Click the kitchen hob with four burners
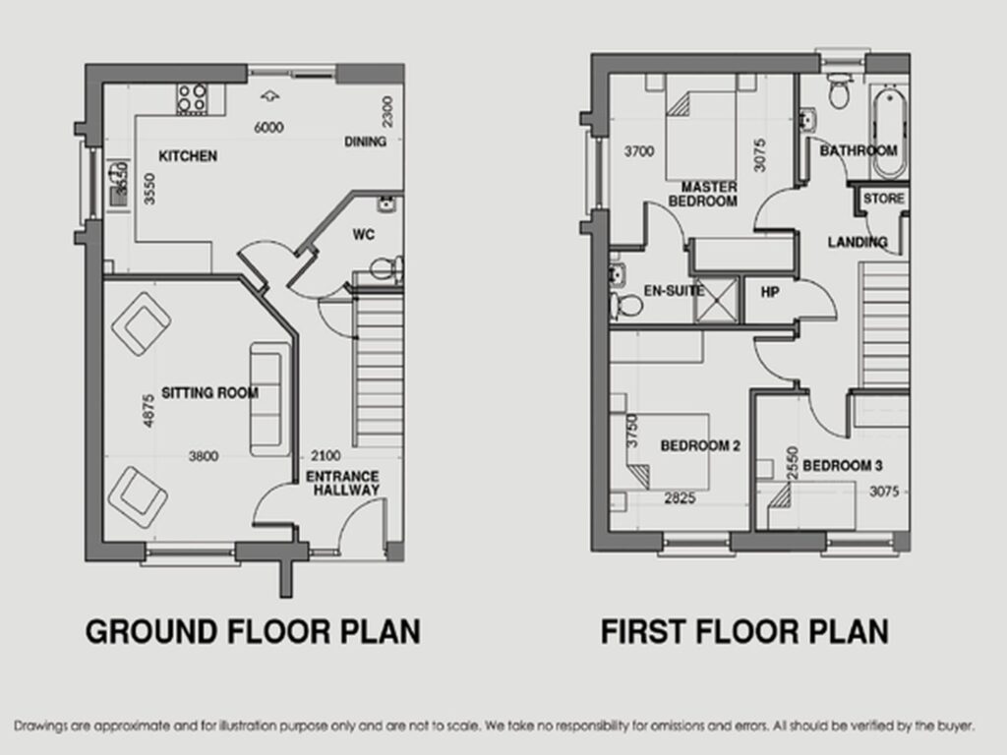[x=192, y=99]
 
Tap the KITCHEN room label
[x=188, y=156]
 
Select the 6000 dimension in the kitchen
[x=268, y=127]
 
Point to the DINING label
[x=366, y=142]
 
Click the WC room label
[x=364, y=234]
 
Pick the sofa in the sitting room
[x=269, y=399]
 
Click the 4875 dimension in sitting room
[x=148, y=410]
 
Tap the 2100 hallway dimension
[x=326, y=456]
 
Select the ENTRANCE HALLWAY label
[x=343, y=484]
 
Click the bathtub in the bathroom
[x=889, y=133]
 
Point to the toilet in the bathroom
[x=838, y=89]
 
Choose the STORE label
[x=884, y=199]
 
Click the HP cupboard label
[x=770, y=292]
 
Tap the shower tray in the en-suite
[x=716, y=300]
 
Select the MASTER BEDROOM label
[x=703, y=194]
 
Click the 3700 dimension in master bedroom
[x=639, y=151]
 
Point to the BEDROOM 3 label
[x=843, y=465]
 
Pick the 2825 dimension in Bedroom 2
[x=681, y=498]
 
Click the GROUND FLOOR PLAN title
[x=253, y=632]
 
